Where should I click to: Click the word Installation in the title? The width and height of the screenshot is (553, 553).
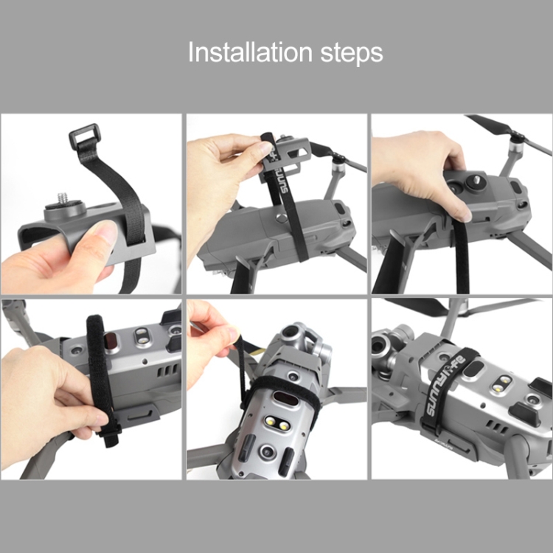(x=250, y=52)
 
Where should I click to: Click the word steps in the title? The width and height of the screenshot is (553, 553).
(x=352, y=54)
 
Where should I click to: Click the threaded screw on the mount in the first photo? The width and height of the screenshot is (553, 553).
(x=62, y=200)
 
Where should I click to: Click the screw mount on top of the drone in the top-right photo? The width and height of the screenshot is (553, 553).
(x=472, y=181)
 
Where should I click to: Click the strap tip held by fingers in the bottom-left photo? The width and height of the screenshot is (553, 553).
(x=110, y=437)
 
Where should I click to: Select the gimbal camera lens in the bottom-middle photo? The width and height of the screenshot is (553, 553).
(x=290, y=331)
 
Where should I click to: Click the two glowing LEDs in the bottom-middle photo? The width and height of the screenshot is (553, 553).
(x=276, y=423)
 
